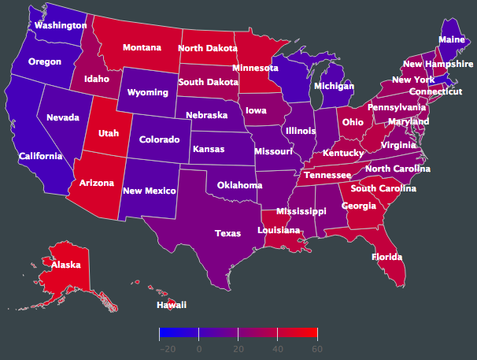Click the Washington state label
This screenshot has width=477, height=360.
pyautogui.click(x=60, y=25)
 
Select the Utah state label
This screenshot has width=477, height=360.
pyautogui.click(x=109, y=133)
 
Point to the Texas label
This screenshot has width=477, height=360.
pyautogui.click(x=228, y=232)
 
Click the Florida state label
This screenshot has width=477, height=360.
pyautogui.click(x=387, y=257)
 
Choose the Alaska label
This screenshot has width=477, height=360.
pyautogui.click(x=66, y=265)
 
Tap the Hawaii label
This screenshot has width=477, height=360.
pyautogui.click(x=172, y=304)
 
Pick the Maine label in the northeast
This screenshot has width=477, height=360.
pyautogui.click(x=451, y=39)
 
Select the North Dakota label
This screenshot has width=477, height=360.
pyautogui.click(x=207, y=48)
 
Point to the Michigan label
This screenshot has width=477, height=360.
pyautogui.click(x=334, y=84)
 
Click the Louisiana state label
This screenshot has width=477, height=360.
pyautogui.click(x=279, y=230)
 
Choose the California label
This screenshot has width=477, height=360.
pyautogui.click(x=41, y=156)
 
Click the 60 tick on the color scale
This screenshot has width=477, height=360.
pyautogui.click(x=316, y=348)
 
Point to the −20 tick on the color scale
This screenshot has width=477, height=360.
pyautogui.click(x=167, y=348)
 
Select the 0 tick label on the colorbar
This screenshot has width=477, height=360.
pyautogui.click(x=198, y=348)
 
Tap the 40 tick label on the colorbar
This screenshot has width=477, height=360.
pyautogui.click(x=277, y=348)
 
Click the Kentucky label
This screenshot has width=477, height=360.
pyautogui.click(x=342, y=152)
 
